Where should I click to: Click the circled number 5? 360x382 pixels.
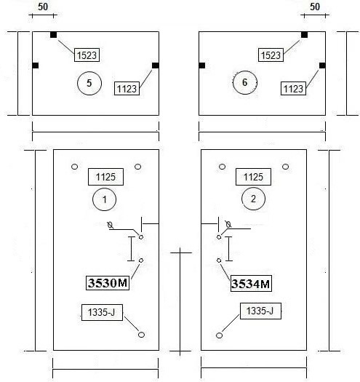point(89,83)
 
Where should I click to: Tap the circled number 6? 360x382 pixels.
point(245,82)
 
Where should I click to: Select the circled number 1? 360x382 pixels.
point(104,199)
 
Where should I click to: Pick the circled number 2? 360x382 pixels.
point(253,199)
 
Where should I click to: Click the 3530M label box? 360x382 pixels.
point(108,283)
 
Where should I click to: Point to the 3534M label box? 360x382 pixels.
point(251,284)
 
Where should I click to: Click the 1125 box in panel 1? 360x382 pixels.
point(105,177)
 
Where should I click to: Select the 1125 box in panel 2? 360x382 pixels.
point(253,177)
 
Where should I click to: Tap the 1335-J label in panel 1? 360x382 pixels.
point(102,312)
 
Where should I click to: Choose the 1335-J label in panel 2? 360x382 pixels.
point(260,311)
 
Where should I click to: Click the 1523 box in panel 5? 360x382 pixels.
point(87,55)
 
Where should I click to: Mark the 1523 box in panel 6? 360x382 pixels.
point(271,55)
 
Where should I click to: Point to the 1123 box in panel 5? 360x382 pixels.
point(127,89)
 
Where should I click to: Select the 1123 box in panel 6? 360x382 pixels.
point(293,89)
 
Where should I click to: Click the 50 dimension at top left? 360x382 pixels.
point(43,7)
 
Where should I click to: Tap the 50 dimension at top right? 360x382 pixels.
point(315,7)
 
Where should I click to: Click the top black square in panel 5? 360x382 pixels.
point(53,35)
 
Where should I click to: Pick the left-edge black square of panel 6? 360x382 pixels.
point(202,65)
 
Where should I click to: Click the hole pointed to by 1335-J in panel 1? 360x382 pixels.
point(141,335)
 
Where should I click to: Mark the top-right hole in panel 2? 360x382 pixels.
point(286,167)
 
